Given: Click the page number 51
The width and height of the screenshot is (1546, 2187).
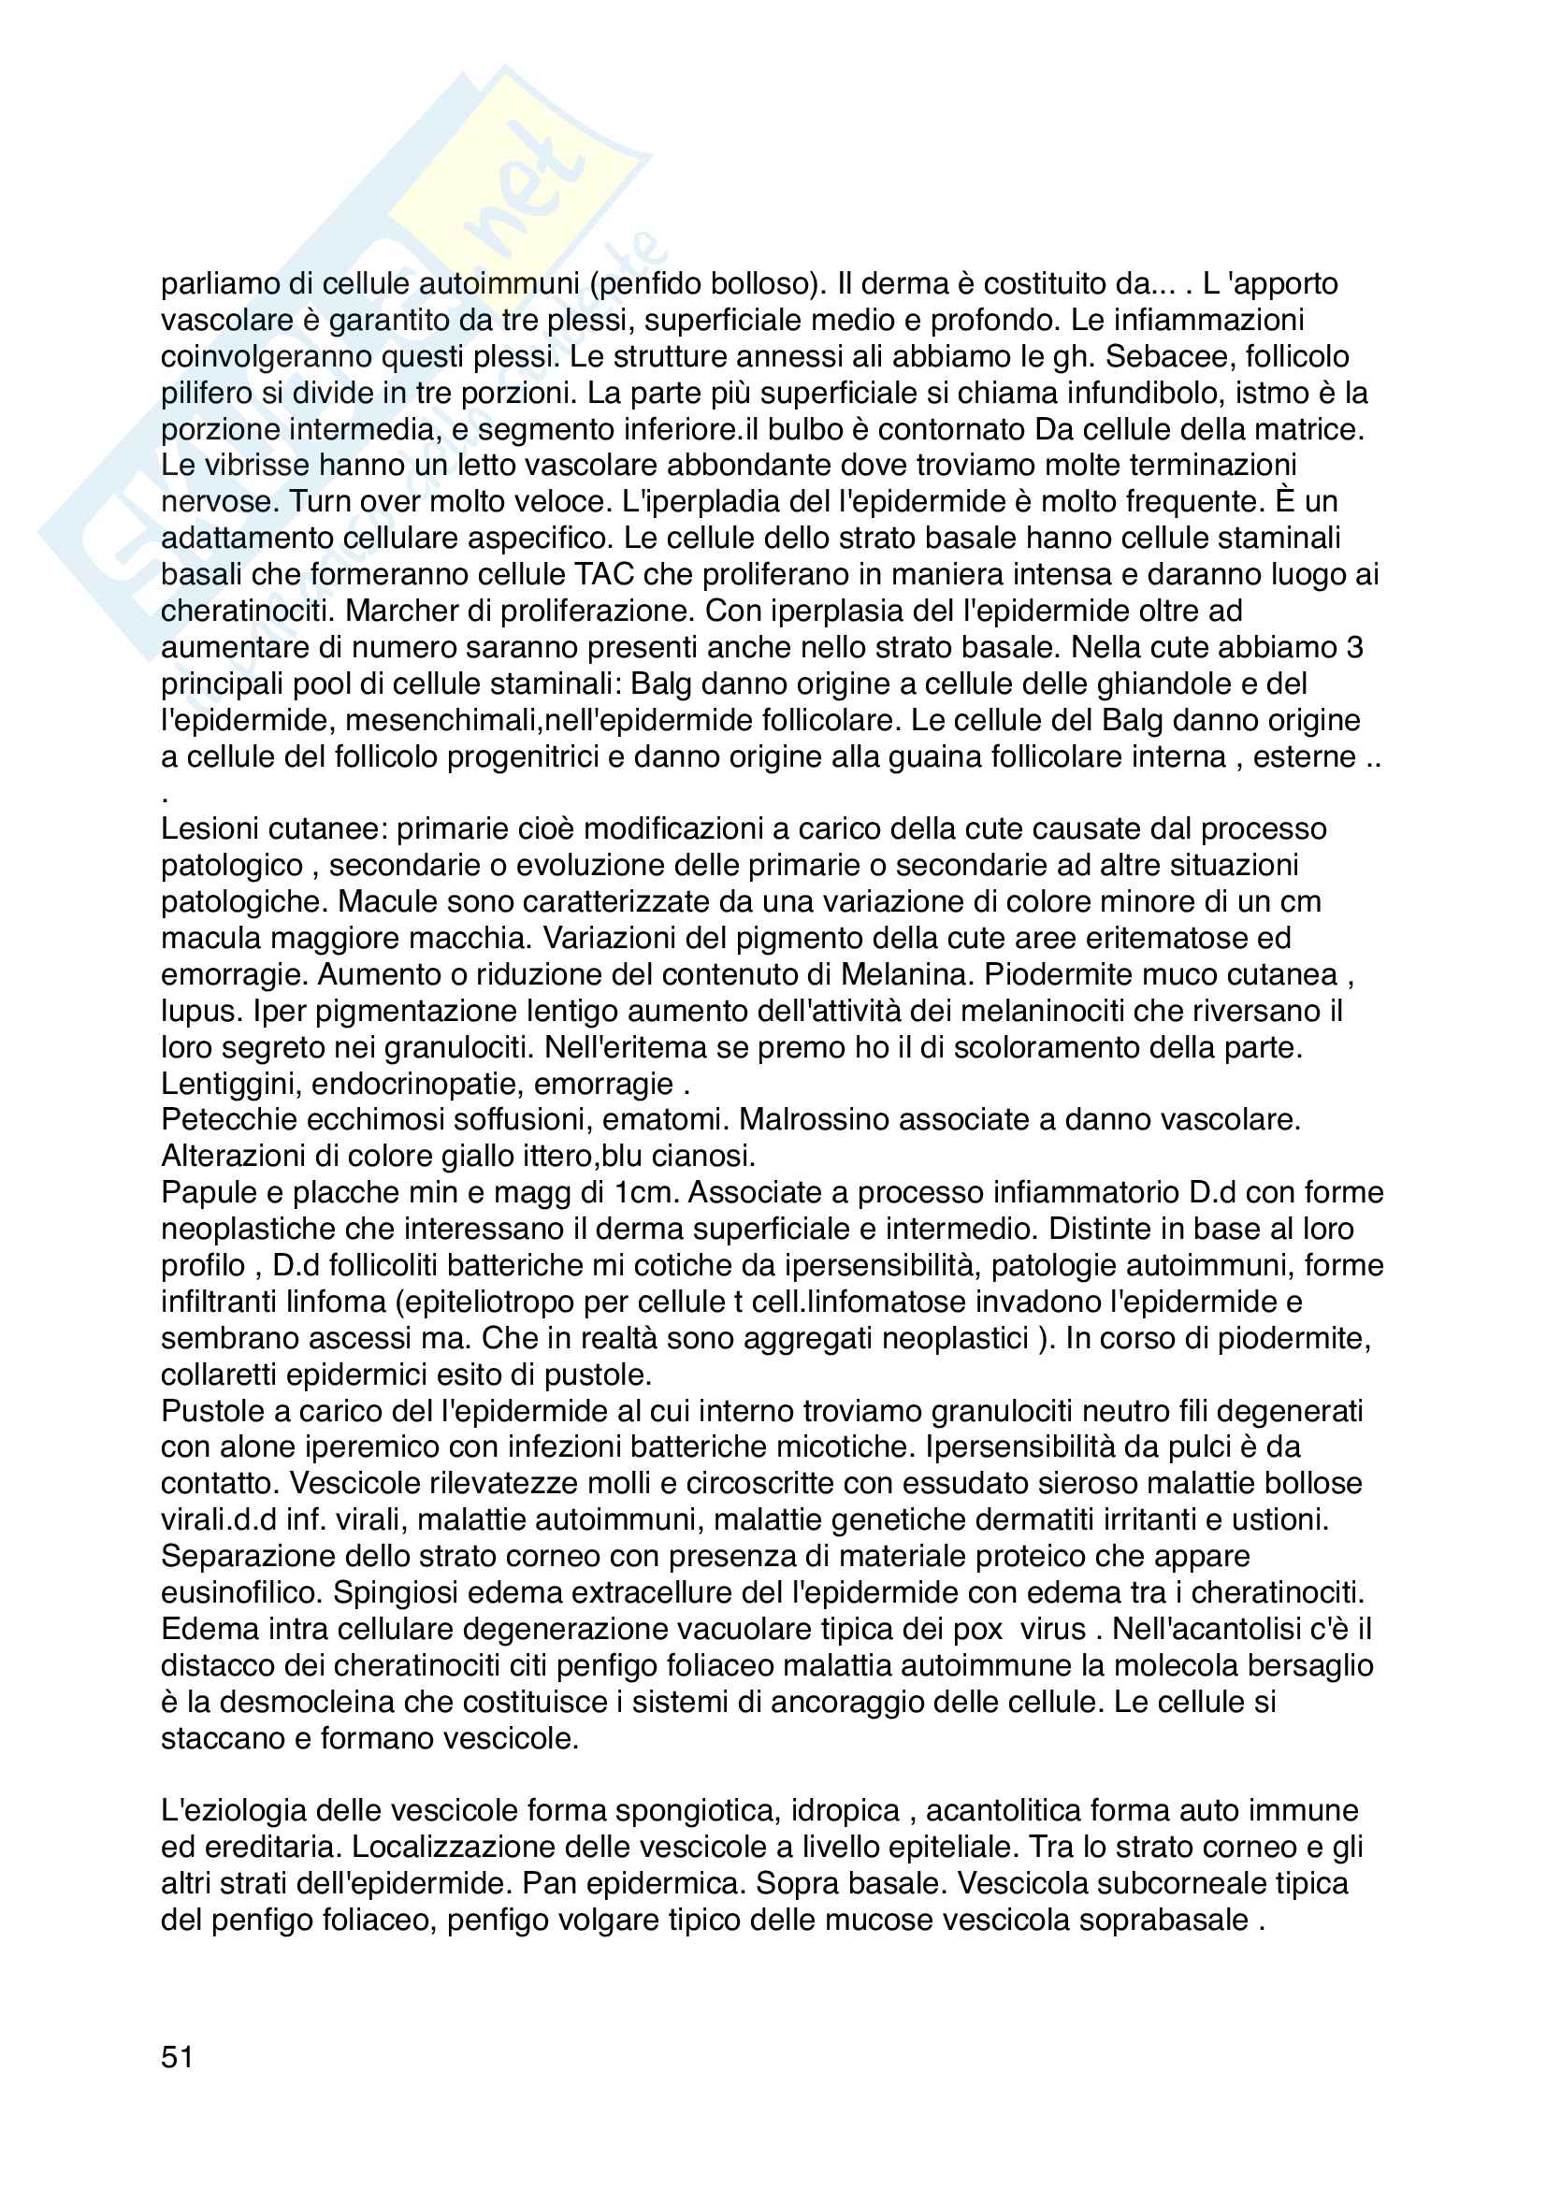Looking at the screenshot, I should point(177,2057).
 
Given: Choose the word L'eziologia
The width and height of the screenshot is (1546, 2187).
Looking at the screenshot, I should point(237,1811).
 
